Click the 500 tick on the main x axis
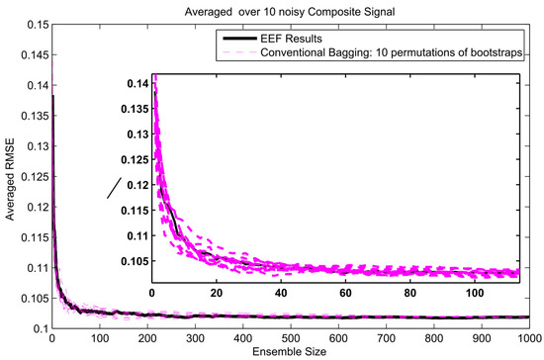pos(290,338)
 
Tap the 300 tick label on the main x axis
pos(195,338)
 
